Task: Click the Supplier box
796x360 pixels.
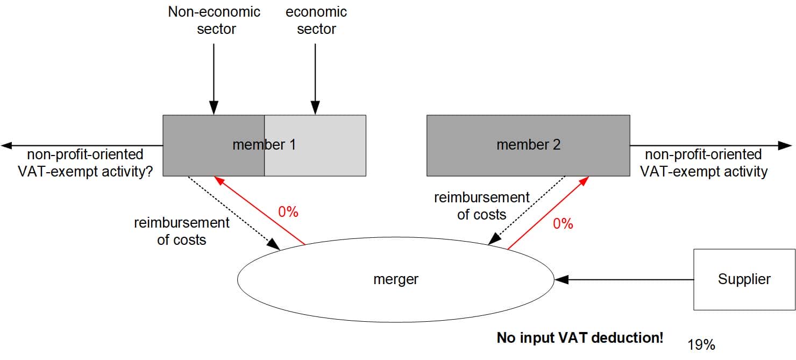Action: point(744,279)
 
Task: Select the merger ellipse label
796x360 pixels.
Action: point(395,279)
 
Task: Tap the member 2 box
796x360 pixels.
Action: point(528,145)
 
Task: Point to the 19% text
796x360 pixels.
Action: point(701,345)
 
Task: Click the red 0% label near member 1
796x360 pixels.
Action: point(288,212)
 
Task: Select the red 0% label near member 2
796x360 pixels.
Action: point(563,223)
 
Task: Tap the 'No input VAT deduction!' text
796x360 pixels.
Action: point(580,338)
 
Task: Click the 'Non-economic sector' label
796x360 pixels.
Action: point(214,20)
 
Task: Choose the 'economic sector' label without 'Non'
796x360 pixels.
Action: point(316,20)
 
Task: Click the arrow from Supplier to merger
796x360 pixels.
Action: point(624,279)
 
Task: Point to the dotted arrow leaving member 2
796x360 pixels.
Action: point(527,210)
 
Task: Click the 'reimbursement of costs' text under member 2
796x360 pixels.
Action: point(482,206)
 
